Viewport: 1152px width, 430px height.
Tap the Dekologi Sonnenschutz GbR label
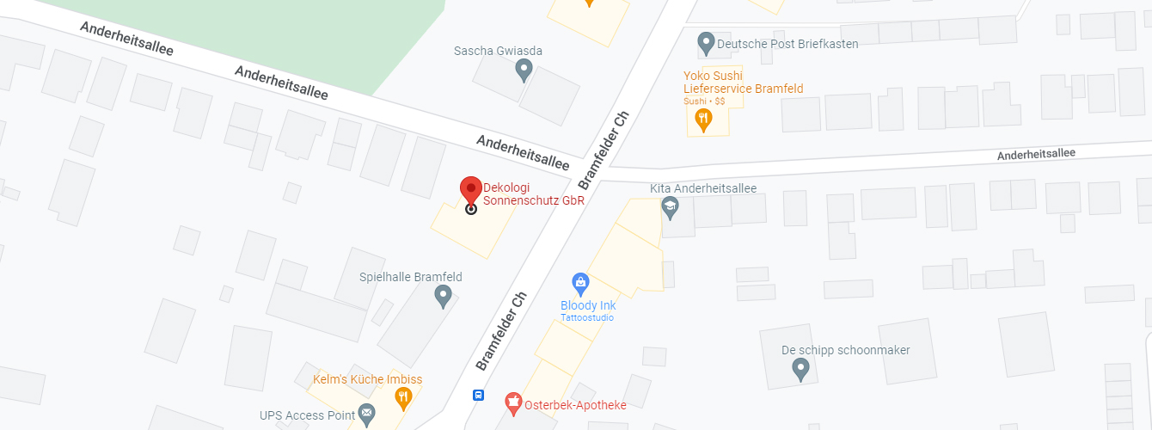533,193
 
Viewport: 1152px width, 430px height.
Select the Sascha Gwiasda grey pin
524,70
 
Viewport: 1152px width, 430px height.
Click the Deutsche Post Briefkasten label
787,43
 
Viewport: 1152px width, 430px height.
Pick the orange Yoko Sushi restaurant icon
703,120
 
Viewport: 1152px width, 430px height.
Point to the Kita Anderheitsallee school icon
670,206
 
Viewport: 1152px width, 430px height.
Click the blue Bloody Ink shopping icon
580,282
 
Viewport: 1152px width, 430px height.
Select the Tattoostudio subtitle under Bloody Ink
587,317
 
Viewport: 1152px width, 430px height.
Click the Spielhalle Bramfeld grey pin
443,297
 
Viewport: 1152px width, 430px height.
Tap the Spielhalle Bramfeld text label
410,277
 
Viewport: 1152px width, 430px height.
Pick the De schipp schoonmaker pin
800,370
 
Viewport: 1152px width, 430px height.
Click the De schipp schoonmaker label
845,350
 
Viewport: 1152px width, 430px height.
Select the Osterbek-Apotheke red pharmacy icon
513,400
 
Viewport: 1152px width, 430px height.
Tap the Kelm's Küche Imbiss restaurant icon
402,396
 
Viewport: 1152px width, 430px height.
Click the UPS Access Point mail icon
367,415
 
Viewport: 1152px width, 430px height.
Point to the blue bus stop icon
478,396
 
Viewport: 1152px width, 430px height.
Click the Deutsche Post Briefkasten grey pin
706,41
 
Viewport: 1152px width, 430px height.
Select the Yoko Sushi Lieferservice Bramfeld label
743,82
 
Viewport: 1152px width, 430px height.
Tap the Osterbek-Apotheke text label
575,404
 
